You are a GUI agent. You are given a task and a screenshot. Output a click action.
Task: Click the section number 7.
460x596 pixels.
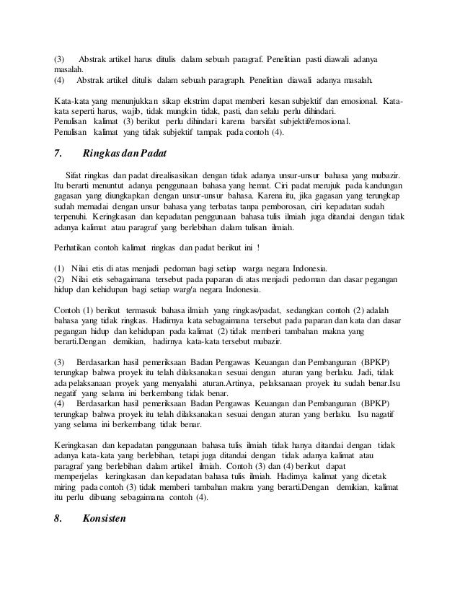(x=58, y=153)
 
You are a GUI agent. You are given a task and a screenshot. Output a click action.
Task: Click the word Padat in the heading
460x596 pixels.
(x=149, y=153)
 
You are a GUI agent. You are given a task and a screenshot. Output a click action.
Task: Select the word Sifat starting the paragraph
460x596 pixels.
(x=75, y=176)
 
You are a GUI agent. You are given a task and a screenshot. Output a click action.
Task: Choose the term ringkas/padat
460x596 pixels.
(x=291, y=309)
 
